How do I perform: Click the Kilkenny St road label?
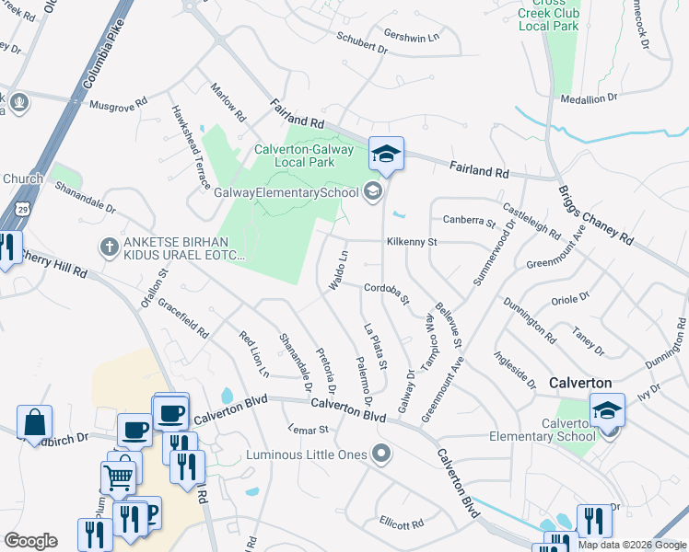[x=411, y=242]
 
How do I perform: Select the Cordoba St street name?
[x=387, y=292]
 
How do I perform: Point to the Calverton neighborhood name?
[x=581, y=382]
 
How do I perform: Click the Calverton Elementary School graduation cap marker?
[x=607, y=409]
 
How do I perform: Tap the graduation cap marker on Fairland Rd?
[x=387, y=154]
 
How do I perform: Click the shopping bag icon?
[x=34, y=423]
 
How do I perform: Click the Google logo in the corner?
[x=30, y=541]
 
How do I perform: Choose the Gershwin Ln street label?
[x=412, y=37]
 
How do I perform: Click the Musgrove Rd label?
[x=118, y=105]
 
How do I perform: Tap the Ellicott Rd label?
[x=401, y=523]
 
